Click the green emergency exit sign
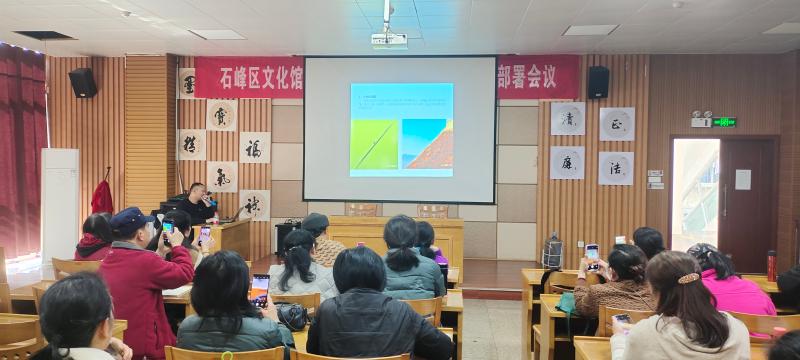(724, 122)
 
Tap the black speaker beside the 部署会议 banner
(598, 82)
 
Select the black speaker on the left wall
(83, 82)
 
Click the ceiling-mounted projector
(388, 40)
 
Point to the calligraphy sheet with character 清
(567, 118)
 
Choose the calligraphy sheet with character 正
(616, 124)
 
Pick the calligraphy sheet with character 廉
(567, 162)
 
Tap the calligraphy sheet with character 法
(615, 168)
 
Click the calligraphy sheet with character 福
(254, 147)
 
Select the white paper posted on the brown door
(743, 179)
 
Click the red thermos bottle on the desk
(771, 265)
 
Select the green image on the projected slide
(374, 144)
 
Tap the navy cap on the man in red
(130, 218)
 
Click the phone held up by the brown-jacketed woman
(592, 253)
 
